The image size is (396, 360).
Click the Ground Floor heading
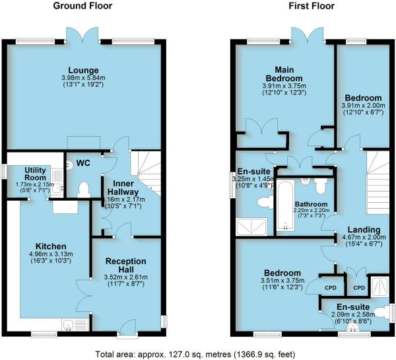click(82, 7)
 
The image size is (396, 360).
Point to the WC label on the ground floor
click(84, 162)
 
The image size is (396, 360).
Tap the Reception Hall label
click(125, 261)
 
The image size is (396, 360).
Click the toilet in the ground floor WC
click(83, 190)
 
